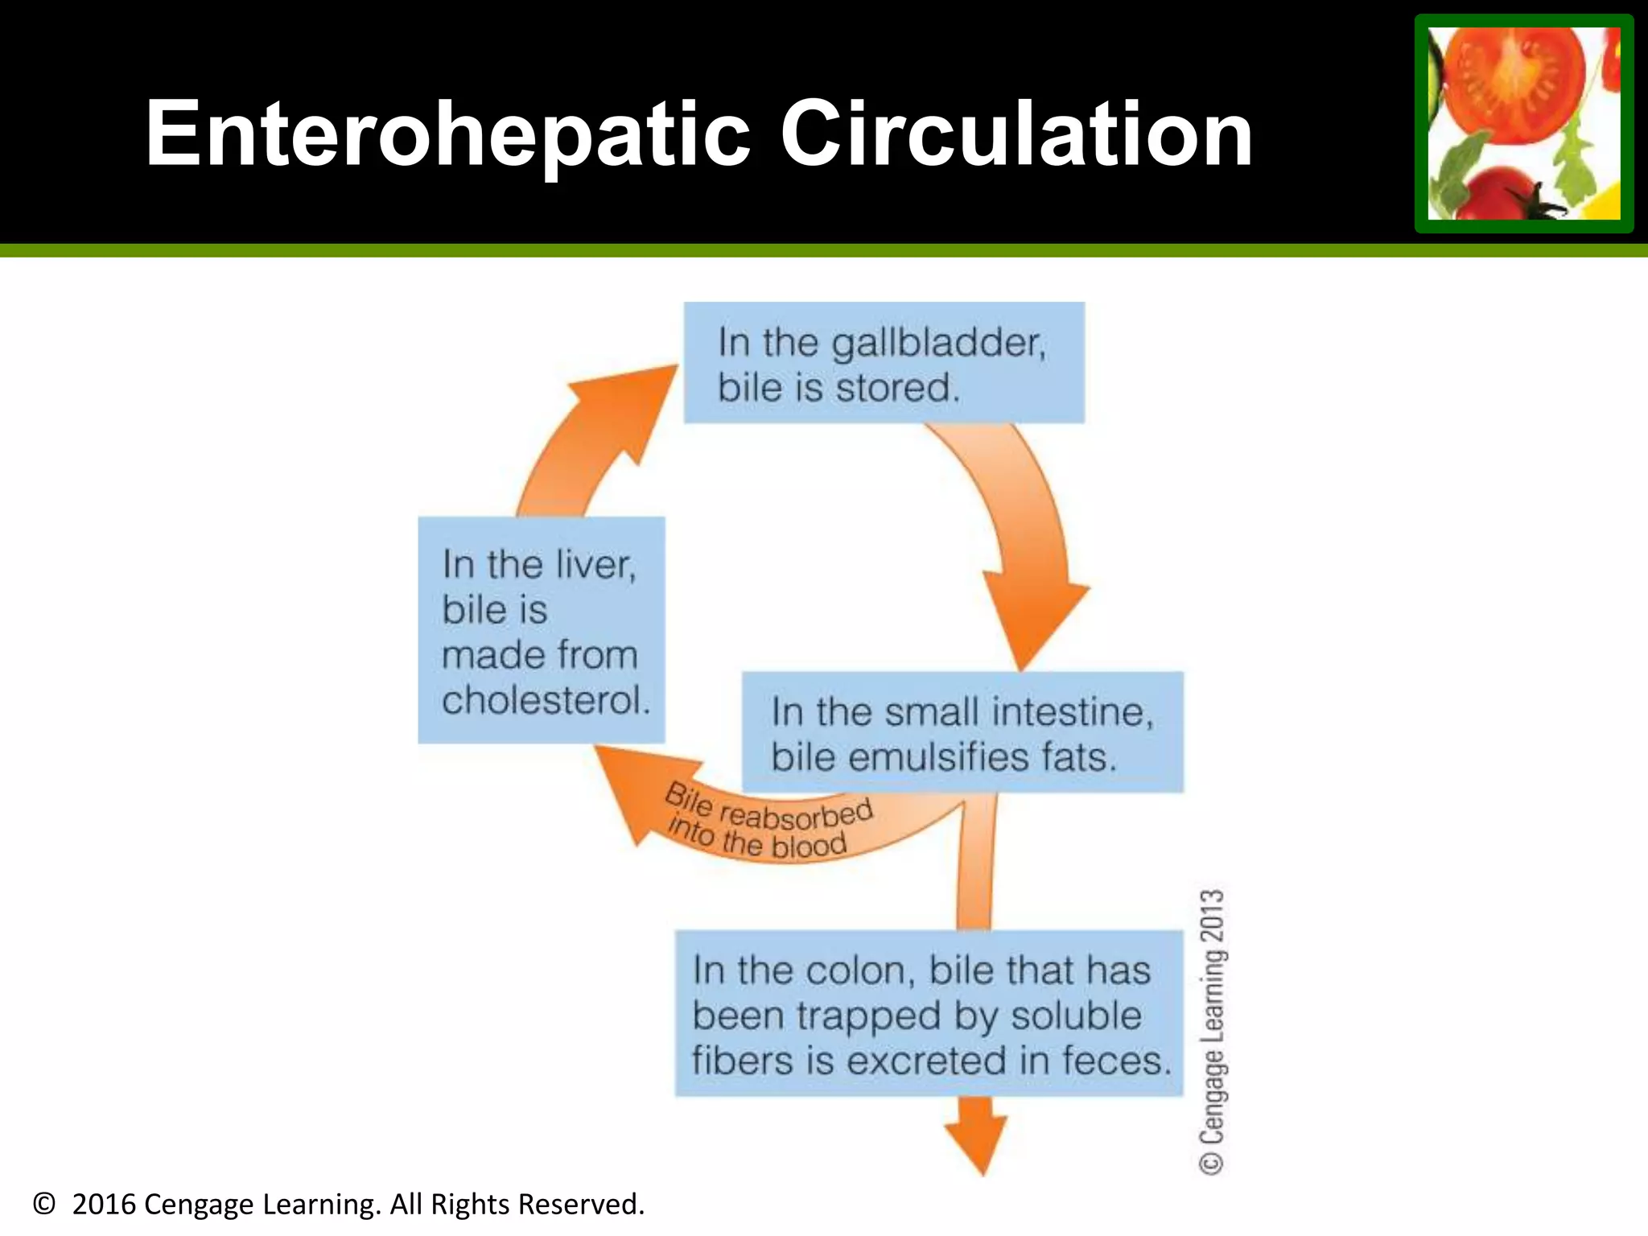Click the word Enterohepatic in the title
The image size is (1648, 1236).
pos(447,135)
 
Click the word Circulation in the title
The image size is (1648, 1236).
pos(1016,135)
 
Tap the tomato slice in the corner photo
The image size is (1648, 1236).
pos(1513,76)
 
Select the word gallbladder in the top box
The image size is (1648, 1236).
pos(937,344)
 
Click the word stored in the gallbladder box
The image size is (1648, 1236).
pos(898,388)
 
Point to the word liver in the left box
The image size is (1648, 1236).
pos(595,565)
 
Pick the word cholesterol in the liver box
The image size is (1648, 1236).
pos(546,700)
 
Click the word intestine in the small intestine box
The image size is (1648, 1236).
pos(1072,712)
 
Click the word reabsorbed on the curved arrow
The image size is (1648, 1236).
pos(795,815)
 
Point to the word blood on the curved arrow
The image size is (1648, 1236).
pos(808,846)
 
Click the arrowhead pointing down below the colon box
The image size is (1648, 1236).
pos(977,1143)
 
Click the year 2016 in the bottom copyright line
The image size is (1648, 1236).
pos(104,1205)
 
